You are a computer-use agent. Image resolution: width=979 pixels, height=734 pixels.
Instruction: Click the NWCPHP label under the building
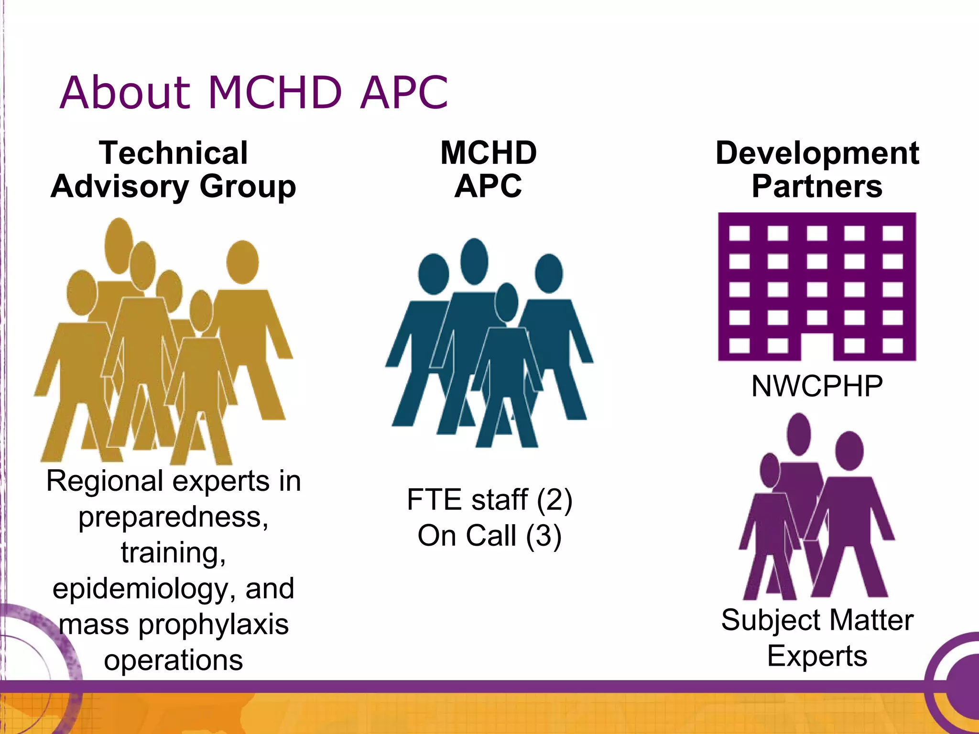click(817, 386)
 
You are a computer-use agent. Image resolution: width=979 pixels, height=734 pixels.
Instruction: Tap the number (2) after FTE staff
click(554, 500)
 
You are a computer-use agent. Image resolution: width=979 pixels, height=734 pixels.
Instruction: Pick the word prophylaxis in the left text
click(213, 624)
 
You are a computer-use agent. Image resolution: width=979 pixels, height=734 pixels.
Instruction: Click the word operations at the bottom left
click(174, 660)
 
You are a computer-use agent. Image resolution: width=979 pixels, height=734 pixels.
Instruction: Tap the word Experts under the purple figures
click(817, 656)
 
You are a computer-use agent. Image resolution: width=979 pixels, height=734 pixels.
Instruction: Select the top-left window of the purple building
click(740, 233)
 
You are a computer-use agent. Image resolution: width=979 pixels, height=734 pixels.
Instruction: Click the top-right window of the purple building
click(892, 233)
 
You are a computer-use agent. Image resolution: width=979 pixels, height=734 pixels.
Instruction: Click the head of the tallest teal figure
click(474, 261)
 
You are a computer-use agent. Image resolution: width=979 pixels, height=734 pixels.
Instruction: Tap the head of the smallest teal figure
click(506, 302)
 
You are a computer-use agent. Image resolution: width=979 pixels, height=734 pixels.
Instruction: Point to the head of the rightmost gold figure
click(242, 262)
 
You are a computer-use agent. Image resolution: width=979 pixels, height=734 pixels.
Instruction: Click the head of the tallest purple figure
click(798, 434)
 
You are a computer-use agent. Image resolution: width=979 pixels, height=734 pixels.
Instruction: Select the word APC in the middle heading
click(488, 186)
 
